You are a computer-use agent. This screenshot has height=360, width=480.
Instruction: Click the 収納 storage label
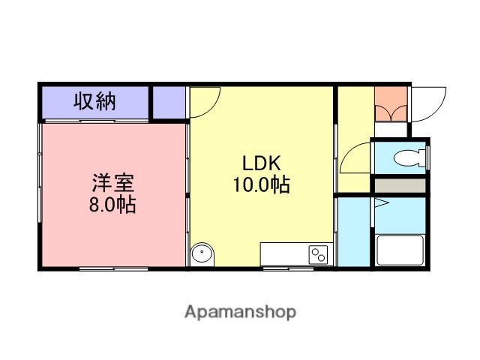tap(94, 101)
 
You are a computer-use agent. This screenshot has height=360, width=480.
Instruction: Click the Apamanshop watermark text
tap(240, 311)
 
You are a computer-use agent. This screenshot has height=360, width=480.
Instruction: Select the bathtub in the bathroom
tap(402, 250)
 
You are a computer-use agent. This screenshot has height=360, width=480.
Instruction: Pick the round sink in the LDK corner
tap(202, 255)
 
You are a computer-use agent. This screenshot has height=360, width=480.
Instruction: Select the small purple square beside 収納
tap(169, 102)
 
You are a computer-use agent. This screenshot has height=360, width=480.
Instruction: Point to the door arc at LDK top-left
tap(204, 102)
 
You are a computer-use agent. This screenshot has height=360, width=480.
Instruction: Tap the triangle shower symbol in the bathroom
tap(379, 203)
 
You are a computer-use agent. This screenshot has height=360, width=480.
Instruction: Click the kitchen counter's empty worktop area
tap(283, 253)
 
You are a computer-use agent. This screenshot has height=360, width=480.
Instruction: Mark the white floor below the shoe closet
tap(390, 129)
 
